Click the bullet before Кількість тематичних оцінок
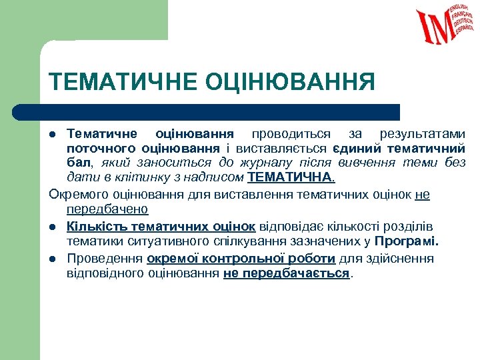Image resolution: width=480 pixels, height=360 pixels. click(x=54, y=227)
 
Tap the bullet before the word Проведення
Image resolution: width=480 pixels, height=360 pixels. click(x=54, y=259)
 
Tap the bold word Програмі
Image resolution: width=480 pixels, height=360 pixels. click(x=407, y=241)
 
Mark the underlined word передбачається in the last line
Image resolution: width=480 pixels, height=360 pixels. click(x=286, y=274)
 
